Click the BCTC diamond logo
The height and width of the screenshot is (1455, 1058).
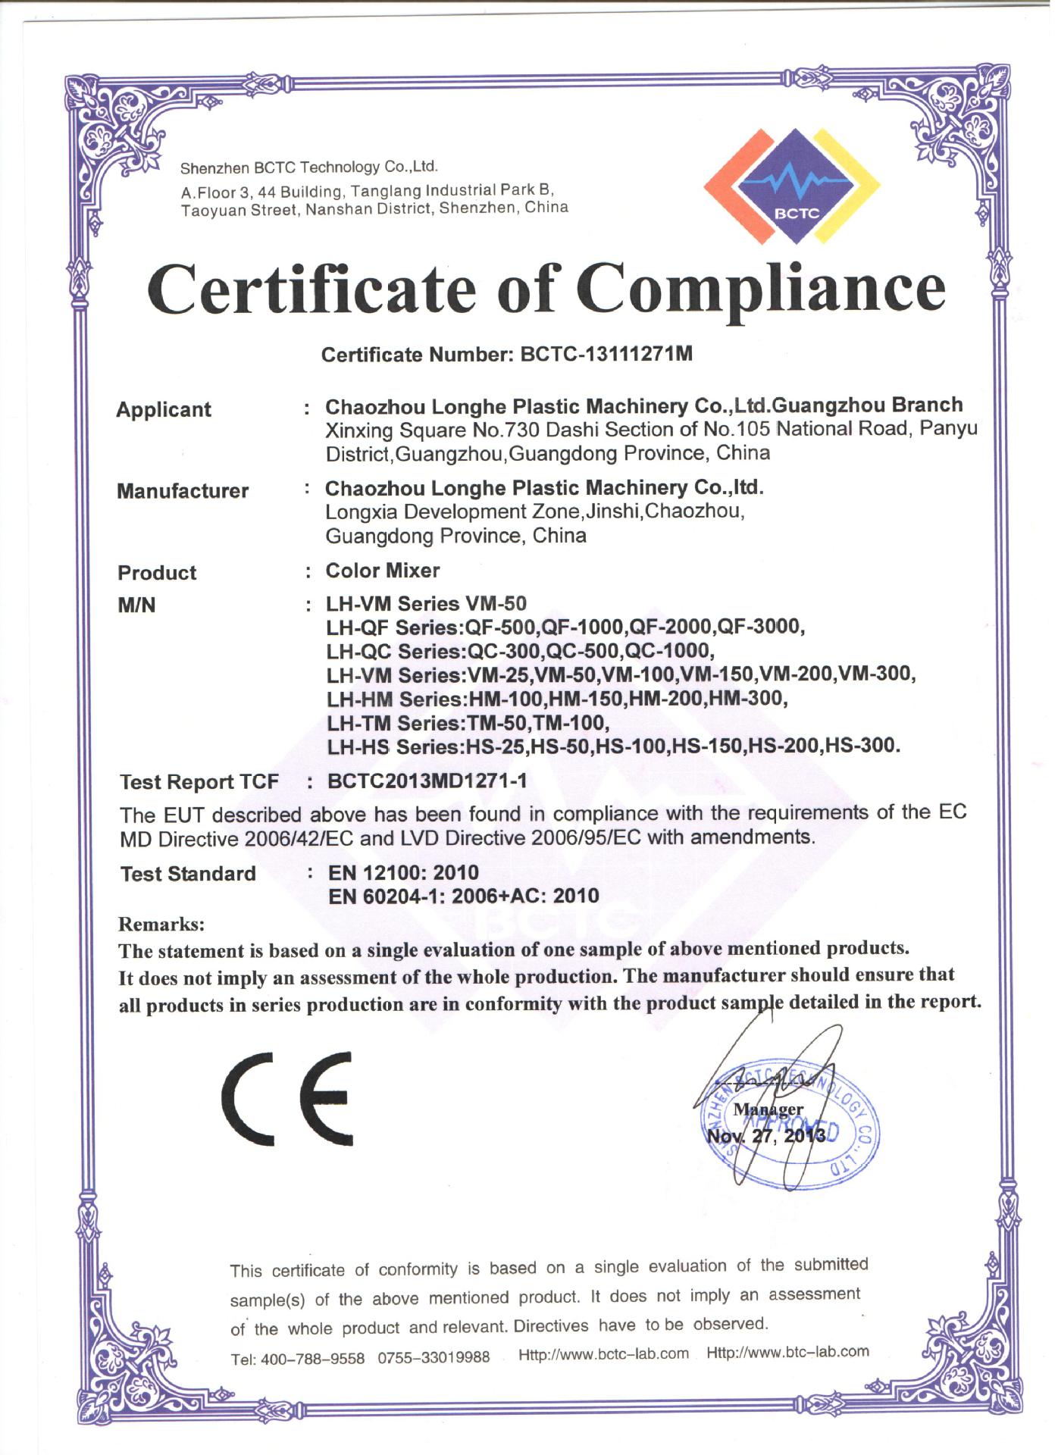[792, 186]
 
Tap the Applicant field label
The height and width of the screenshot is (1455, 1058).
[164, 410]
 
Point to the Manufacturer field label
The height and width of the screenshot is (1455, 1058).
[183, 491]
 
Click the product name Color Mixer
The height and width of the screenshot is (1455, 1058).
[383, 571]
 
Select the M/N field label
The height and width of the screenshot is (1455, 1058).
[136, 605]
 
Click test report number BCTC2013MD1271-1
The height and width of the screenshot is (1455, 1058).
[427, 781]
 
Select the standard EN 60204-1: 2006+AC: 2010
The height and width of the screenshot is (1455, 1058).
[463, 896]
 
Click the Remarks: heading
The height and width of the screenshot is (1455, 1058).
[162, 925]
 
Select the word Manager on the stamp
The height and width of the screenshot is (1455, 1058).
[768, 1109]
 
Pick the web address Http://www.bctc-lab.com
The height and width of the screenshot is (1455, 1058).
[603, 1354]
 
